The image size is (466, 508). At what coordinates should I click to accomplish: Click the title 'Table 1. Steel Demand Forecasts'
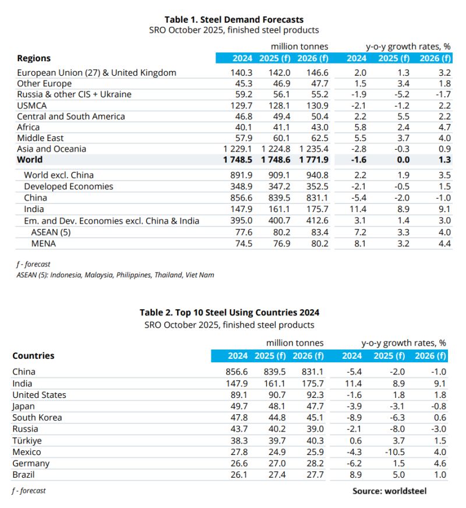coord(234,20)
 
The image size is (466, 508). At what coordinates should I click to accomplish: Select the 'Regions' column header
coord(34,58)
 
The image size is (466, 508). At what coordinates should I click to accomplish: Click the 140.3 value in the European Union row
coord(241,73)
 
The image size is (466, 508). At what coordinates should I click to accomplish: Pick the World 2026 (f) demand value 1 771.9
coord(313,160)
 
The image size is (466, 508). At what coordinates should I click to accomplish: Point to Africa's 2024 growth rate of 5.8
coord(361,127)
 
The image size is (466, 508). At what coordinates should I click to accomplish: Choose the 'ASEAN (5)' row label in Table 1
coord(52,232)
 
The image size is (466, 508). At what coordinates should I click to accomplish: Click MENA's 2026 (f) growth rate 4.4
coord(444,244)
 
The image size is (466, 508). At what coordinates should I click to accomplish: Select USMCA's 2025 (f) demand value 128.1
coord(277,105)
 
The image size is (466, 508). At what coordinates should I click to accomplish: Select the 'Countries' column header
coord(33,355)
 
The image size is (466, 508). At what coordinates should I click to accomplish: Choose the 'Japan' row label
coord(23,407)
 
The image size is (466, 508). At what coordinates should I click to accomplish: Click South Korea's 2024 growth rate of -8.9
coord(355,418)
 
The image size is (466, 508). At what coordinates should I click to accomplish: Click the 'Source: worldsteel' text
coord(389,491)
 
